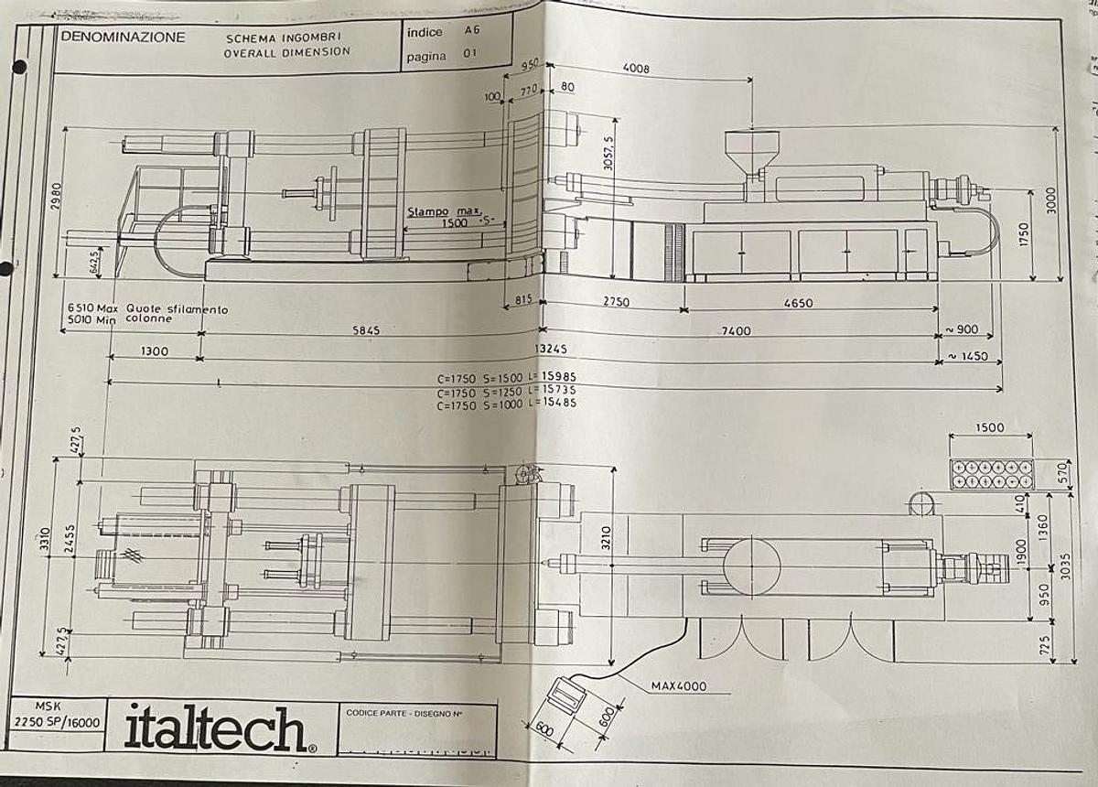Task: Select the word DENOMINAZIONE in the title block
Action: click(x=123, y=38)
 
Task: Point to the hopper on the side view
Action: click(x=751, y=146)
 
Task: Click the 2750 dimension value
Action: click(x=615, y=303)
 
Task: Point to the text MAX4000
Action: click(x=678, y=685)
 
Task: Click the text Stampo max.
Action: click(x=443, y=211)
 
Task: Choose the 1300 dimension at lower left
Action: click(x=155, y=351)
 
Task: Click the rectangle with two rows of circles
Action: click(x=991, y=473)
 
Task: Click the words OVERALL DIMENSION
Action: click(x=286, y=52)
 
